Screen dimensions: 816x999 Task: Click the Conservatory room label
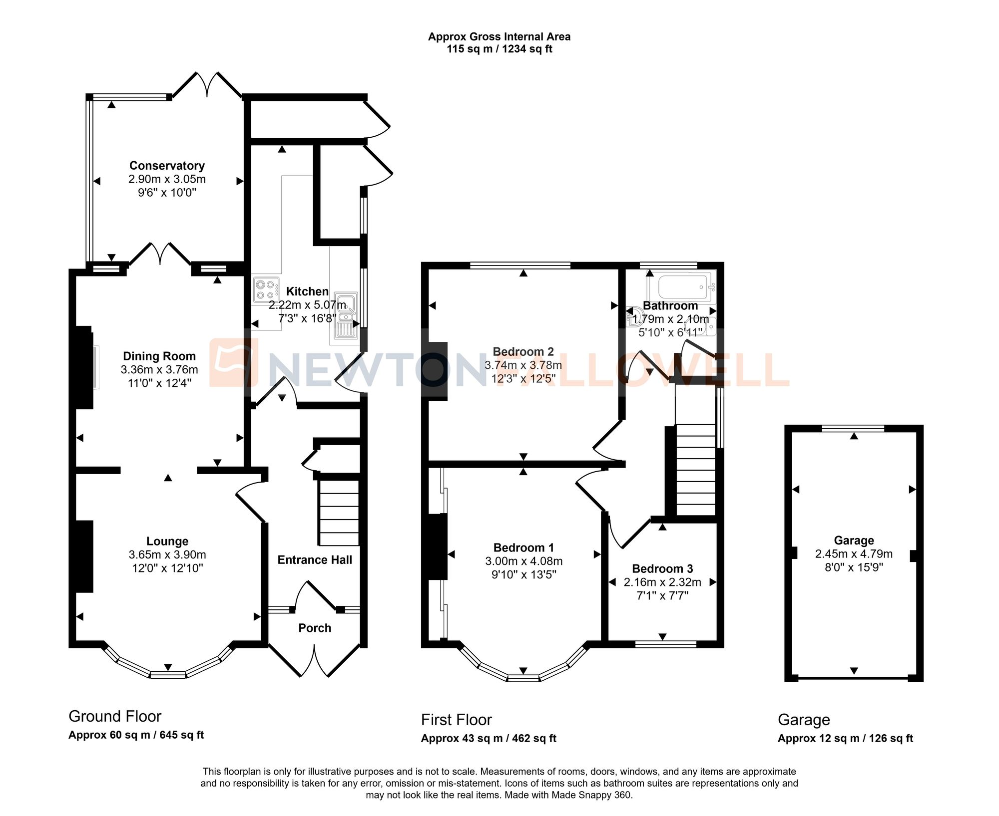pyautogui.click(x=167, y=166)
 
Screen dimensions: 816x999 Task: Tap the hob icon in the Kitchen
pyautogui.click(x=266, y=290)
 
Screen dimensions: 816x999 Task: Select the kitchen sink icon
pyautogui.click(x=346, y=315)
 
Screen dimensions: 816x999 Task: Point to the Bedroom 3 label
pyautogui.click(x=662, y=568)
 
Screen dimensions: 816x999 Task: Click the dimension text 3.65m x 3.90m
pyautogui.click(x=167, y=554)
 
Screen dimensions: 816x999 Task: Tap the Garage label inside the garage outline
pyautogui.click(x=854, y=540)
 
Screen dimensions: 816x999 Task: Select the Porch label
pyautogui.click(x=315, y=628)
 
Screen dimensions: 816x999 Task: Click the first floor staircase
pyautogui.click(x=695, y=469)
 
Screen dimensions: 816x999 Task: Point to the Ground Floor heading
pyautogui.click(x=115, y=716)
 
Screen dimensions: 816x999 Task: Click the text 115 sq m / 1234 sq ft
pyautogui.click(x=499, y=49)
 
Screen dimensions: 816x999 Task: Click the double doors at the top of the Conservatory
pyautogui.click(x=207, y=85)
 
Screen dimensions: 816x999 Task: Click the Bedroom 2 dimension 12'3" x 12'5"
pyautogui.click(x=523, y=378)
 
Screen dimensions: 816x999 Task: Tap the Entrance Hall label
pyautogui.click(x=315, y=560)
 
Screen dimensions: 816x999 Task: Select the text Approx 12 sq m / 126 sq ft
pyautogui.click(x=845, y=738)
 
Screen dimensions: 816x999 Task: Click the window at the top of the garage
pyautogui.click(x=853, y=428)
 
